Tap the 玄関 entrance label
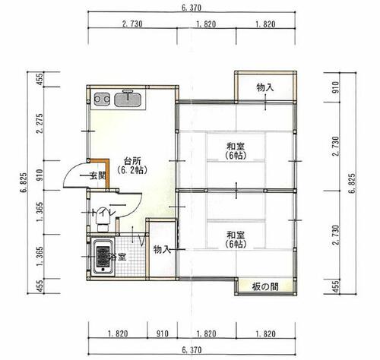point(98,175)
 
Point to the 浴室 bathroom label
point(117,257)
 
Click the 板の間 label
point(265,287)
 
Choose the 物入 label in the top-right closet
point(265,87)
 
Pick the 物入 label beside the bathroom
point(162,250)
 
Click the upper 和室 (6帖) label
point(236,151)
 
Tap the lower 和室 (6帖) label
point(236,239)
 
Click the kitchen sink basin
point(128,99)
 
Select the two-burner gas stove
point(102,99)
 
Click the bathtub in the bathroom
point(103,257)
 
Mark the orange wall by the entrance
point(107,174)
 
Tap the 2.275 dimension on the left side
point(40,123)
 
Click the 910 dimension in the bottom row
point(163,333)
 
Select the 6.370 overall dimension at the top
point(192,8)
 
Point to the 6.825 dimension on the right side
point(353,183)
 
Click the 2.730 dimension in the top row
point(132,24)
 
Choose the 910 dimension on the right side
point(336,87)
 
